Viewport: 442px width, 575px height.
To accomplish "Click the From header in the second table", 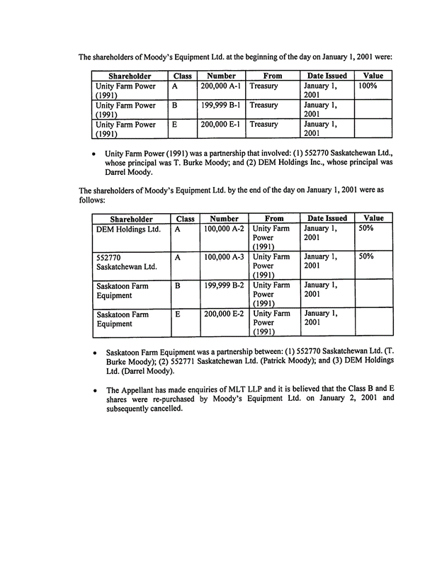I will coord(273,219).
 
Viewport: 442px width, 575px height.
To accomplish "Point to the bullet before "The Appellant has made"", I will coord(95,390).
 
